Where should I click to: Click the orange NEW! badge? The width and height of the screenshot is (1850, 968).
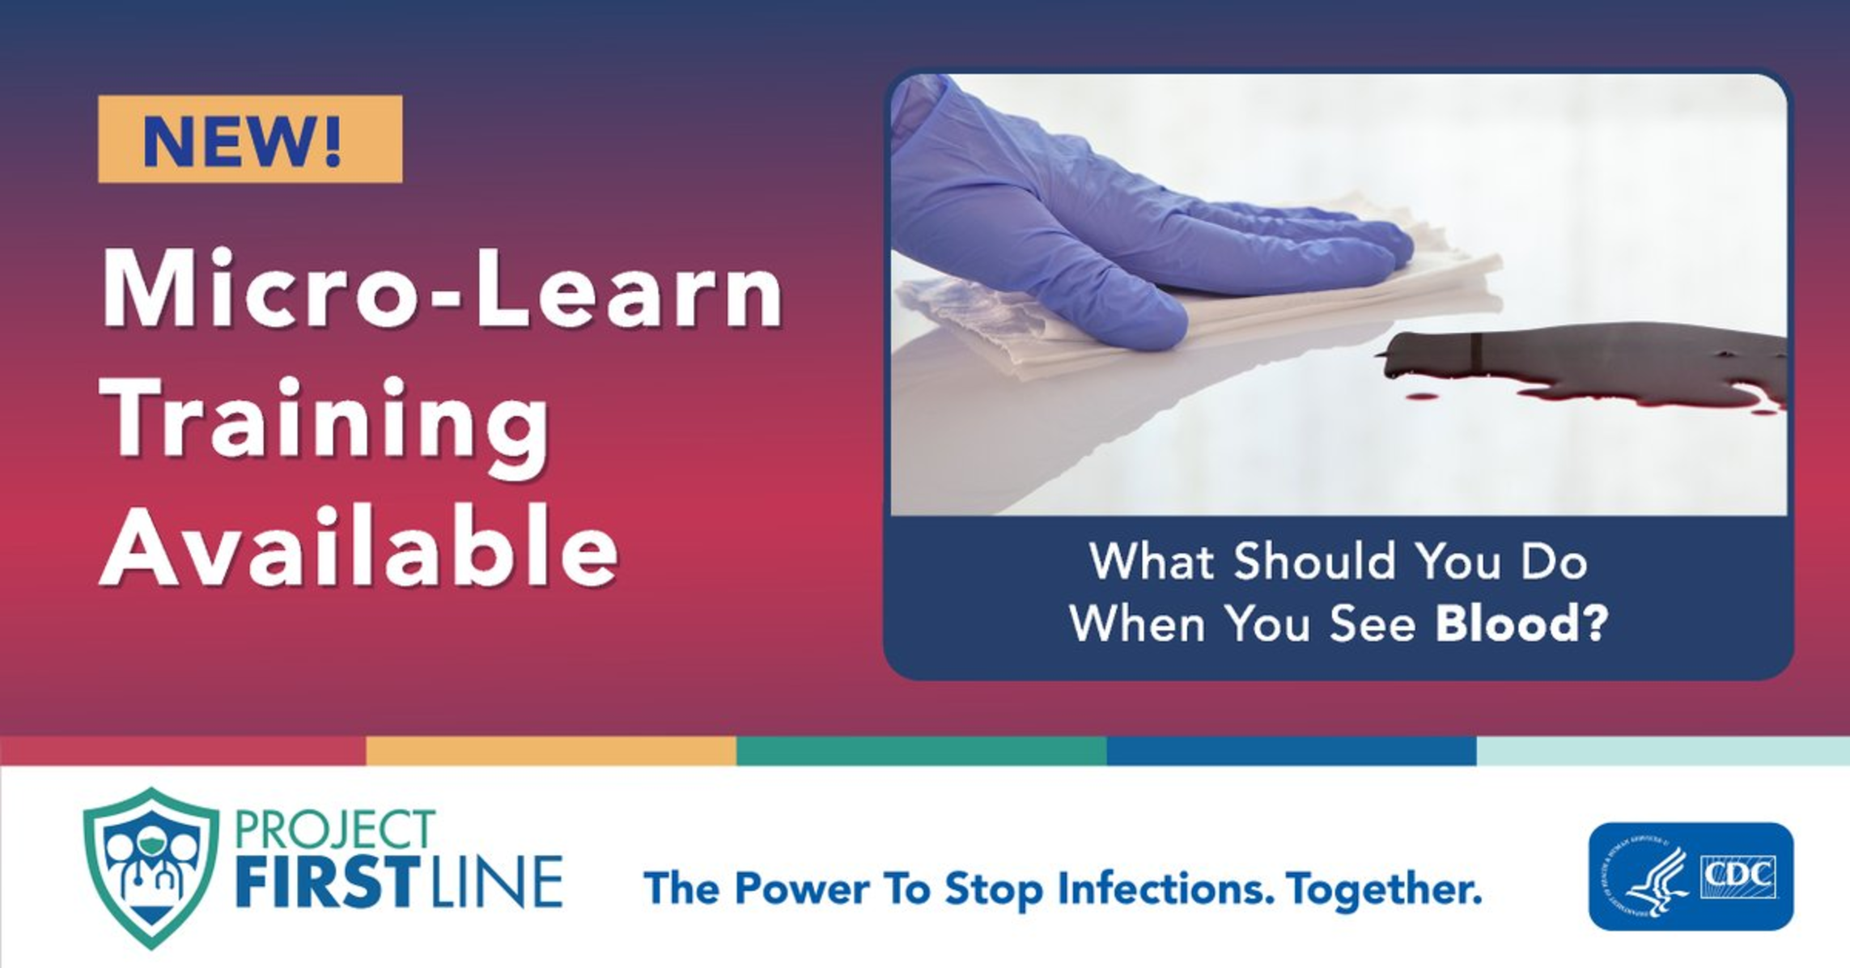click(250, 139)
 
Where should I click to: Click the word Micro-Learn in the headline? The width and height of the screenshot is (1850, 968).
click(443, 290)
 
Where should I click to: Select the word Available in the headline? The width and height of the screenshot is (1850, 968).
click(359, 545)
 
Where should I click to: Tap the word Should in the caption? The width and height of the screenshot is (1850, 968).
click(1315, 561)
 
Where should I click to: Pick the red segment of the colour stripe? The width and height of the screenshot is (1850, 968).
click(183, 750)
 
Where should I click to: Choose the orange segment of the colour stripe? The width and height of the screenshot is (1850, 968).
click(551, 750)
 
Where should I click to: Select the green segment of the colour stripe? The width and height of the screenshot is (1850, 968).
click(922, 750)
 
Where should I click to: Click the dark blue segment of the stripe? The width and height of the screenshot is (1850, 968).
click(1292, 750)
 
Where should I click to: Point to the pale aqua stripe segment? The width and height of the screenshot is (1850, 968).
click(1663, 750)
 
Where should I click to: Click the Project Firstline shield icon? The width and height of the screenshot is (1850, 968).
click(151, 868)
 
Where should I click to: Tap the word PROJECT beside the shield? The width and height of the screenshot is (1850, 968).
click(335, 830)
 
